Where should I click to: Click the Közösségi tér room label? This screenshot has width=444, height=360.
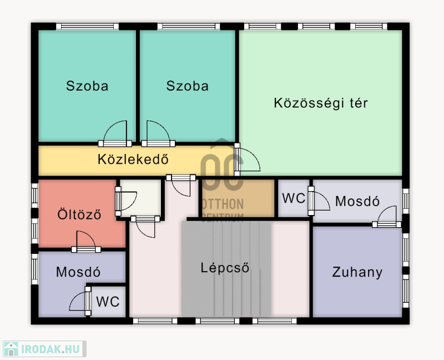(x=321, y=103)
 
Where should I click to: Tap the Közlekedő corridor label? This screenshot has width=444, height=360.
(x=133, y=159)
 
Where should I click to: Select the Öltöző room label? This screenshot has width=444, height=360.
(x=79, y=214)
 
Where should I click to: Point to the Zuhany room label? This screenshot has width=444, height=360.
(x=357, y=272)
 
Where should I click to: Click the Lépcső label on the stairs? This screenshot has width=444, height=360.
(x=225, y=268)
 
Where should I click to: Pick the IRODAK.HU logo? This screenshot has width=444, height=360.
(x=44, y=349)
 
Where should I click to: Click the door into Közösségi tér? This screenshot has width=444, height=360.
(x=247, y=159)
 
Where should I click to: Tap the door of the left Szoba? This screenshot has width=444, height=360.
(x=115, y=134)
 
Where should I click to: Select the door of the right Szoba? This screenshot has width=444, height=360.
(x=158, y=134)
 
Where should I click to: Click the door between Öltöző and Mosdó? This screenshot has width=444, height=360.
(x=86, y=242)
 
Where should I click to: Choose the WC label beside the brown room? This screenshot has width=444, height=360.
(x=294, y=198)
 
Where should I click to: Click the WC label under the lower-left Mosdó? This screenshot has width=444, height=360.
(x=108, y=302)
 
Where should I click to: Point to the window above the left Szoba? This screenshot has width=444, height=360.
(x=87, y=26)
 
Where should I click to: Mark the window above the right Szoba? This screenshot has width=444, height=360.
(x=189, y=26)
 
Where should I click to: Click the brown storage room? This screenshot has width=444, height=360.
(x=238, y=198)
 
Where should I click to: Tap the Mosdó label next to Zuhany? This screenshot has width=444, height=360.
(x=357, y=201)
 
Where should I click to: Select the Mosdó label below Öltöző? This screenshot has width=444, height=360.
(x=78, y=272)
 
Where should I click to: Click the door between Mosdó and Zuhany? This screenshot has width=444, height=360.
(x=387, y=217)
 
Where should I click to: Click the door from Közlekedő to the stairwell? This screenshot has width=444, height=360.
(x=181, y=186)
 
